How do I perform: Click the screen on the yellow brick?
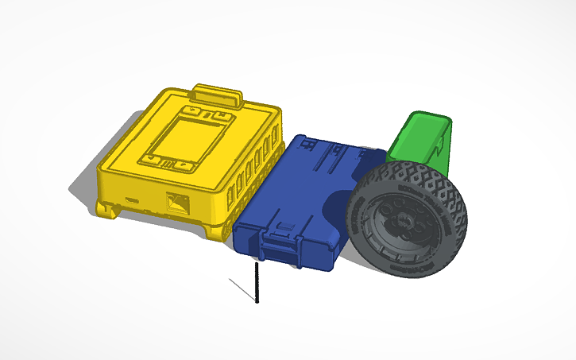[x=188, y=137]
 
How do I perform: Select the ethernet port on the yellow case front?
[x=176, y=203]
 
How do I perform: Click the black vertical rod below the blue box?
[x=257, y=283]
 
